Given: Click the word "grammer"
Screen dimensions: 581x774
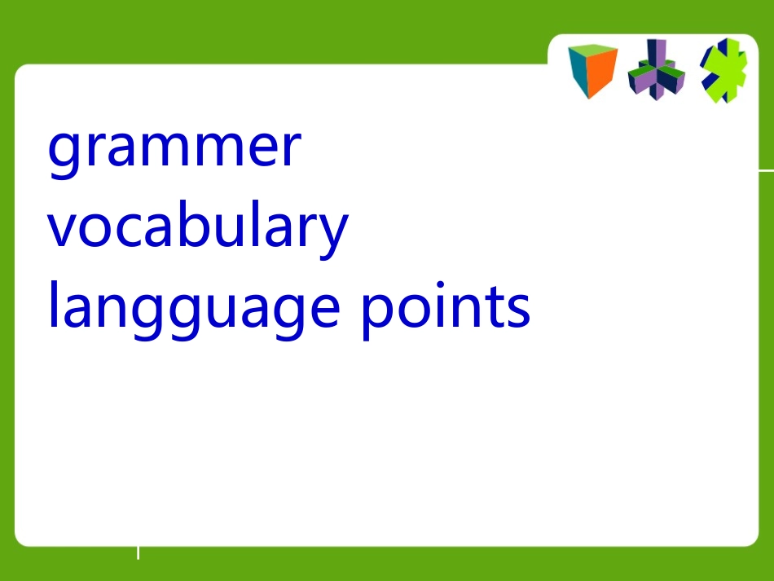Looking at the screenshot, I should tap(174, 148).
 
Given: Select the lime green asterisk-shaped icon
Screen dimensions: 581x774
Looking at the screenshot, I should tap(723, 70).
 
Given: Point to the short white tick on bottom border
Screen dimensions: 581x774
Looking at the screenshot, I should tap(138, 553).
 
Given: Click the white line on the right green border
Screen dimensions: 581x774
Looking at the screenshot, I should tap(766, 170).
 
